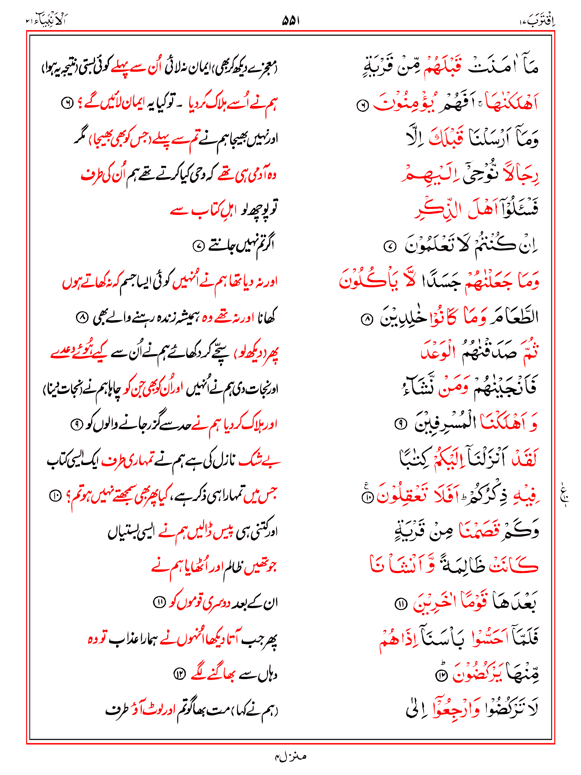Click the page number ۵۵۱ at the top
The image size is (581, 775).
(x=290, y=21)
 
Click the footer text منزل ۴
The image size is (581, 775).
(x=290, y=756)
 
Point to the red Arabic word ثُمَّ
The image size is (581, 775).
(x=530, y=351)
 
